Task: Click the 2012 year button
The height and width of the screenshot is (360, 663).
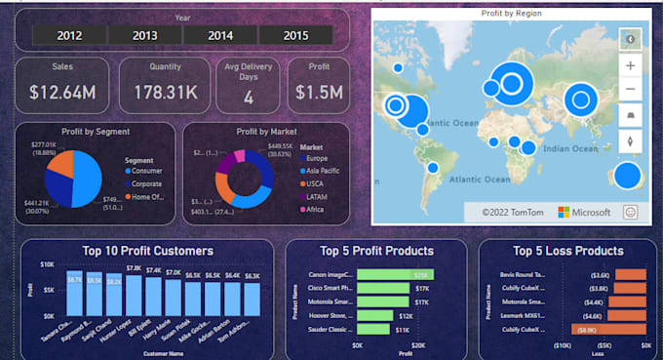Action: (69, 35)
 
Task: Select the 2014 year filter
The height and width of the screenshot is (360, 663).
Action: (220, 35)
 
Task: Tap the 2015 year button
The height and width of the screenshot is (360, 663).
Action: (296, 35)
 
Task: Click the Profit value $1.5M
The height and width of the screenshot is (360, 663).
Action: (318, 94)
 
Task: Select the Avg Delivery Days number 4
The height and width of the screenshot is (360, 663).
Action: (249, 98)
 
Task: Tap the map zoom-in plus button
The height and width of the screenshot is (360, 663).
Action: (630, 66)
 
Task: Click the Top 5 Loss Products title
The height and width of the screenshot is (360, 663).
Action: (568, 251)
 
